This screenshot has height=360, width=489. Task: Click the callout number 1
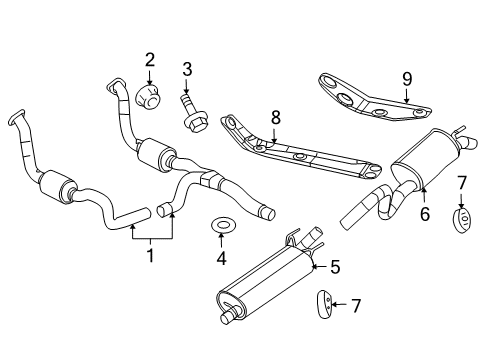151,256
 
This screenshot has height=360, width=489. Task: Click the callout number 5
334,267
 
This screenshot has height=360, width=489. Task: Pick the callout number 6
424,213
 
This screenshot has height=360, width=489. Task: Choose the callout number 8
275,117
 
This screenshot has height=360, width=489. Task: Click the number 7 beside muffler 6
461,183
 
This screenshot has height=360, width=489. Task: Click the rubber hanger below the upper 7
463,220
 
